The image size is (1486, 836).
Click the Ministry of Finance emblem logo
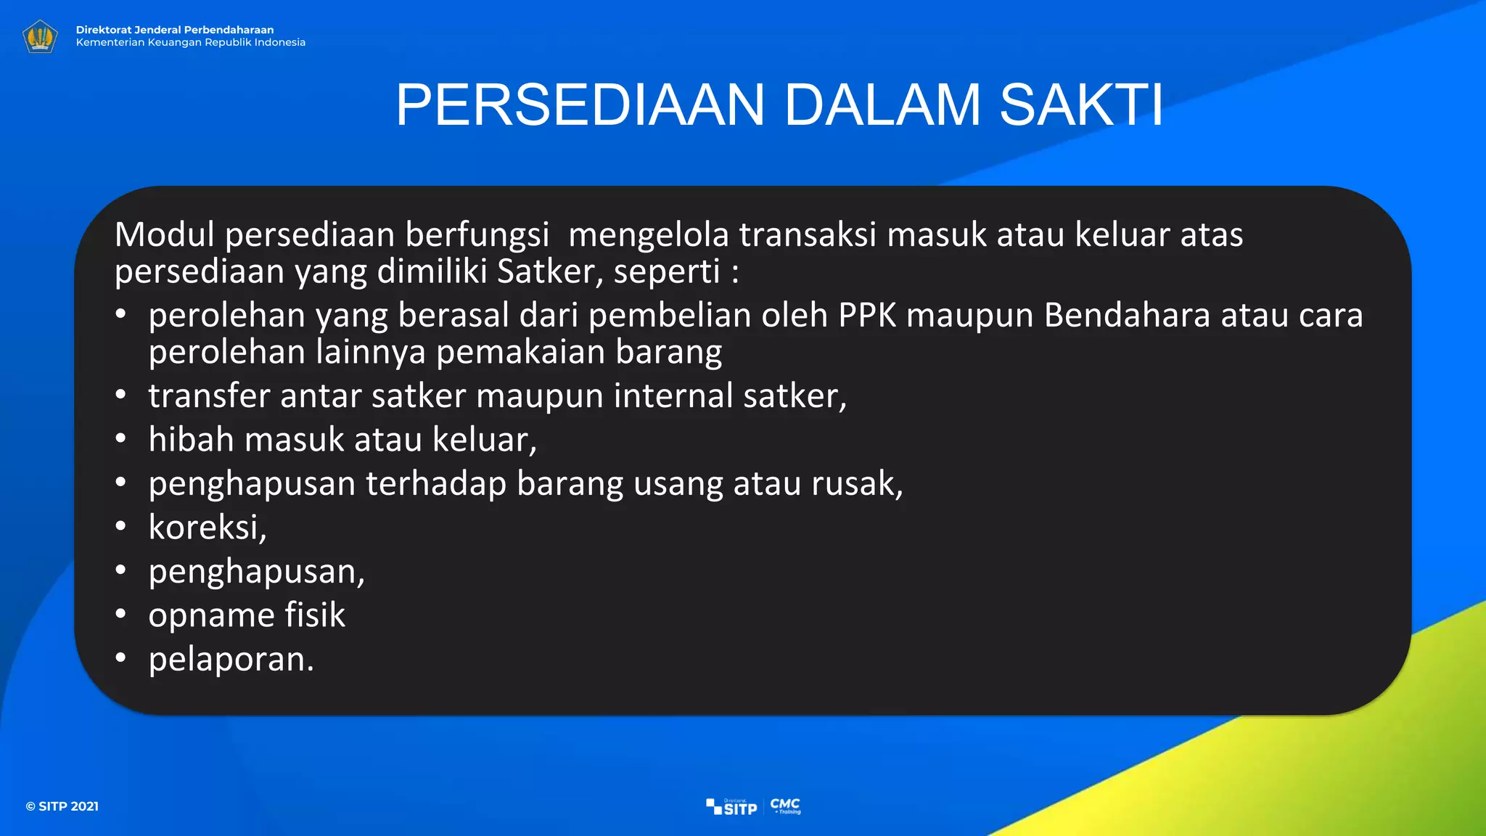pyautogui.click(x=40, y=36)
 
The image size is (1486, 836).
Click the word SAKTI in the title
pyautogui.click(x=1081, y=105)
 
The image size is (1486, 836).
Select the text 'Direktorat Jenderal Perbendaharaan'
pyautogui.click(x=175, y=30)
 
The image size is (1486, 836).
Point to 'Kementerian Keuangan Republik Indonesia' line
pyautogui.click(x=191, y=43)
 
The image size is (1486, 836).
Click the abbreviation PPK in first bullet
pyautogui.click(x=867, y=316)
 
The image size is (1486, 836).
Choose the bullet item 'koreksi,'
pyautogui.click(x=208, y=528)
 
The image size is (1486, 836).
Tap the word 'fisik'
pyautogui.click(x=315, y=615)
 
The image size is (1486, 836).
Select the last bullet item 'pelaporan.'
pyautogui.click(x=231, y=660)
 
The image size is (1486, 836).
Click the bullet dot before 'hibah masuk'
pyautogui.click(x=120, y=438)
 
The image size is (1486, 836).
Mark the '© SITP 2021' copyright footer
pyautogui.click(x=62, y=806)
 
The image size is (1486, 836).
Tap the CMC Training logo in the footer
pyautogui.click(x=786, y=806)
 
